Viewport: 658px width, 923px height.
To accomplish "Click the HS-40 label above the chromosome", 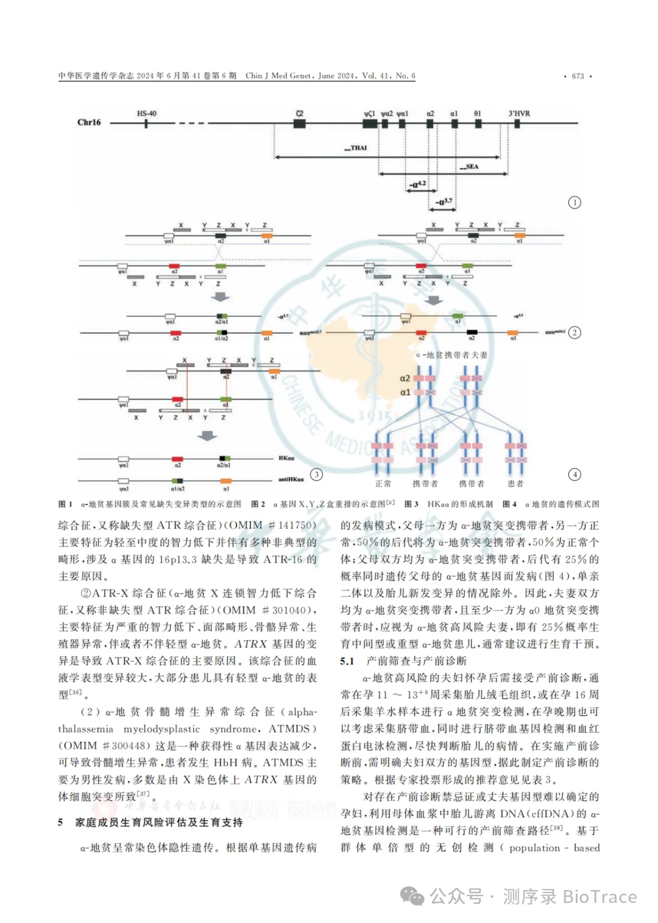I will tap(146, 113).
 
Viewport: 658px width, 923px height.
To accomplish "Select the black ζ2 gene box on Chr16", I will tap(299, 123).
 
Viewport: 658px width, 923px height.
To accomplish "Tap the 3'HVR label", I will tap(519, 113).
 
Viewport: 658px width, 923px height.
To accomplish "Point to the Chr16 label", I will tap(89, 122).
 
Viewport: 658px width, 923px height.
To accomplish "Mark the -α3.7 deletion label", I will tap(444, 202).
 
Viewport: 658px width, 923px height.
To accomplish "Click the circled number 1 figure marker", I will tap(574, 202).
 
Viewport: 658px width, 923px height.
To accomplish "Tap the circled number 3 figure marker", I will tap(316, 475).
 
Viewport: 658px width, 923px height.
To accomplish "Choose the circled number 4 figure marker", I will tap(574, 475).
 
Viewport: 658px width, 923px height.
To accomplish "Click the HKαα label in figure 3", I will tap(286, 458).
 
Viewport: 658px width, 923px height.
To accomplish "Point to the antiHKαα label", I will tap(291, 479).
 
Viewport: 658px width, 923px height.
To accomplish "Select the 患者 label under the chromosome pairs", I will tap(515, 484).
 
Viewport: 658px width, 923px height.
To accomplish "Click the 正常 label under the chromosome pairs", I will tap(383, 484).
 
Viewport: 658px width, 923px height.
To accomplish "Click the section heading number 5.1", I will tap(347, 661).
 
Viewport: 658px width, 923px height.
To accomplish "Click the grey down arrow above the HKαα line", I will tap(208, 436).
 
